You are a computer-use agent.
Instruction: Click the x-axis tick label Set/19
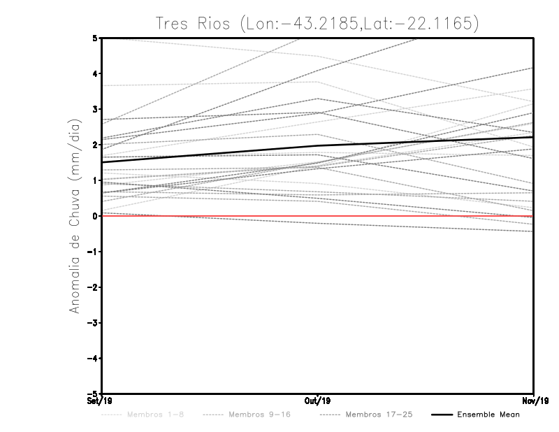pyautogui.click(x=93, y=401)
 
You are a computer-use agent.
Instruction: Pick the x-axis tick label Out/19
pyautogui.click(x=318, y=401)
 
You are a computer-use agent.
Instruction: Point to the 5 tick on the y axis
pyautogui.click(x=95, y=38)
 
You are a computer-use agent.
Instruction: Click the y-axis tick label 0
pyautogui.click(x=95, y=216)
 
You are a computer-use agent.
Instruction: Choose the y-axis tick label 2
pyautogui.click(x=95, y=145)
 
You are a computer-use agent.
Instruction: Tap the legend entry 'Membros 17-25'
pyautogui.click(x=379, y=415)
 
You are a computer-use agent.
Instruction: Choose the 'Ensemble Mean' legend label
pyautogui.click(x=488, y=415)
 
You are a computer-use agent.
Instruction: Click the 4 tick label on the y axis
pyautogui.click(x=95, y=73)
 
